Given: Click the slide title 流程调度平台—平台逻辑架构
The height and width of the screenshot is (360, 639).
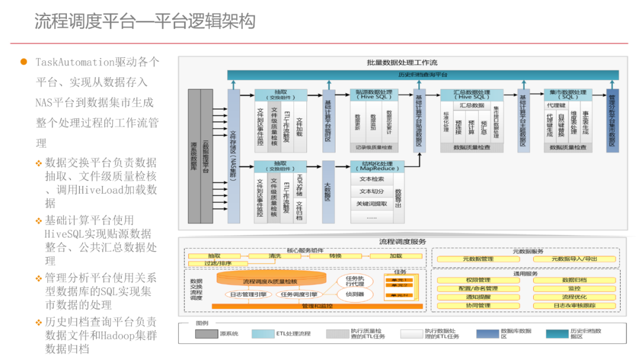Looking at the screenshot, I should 145,22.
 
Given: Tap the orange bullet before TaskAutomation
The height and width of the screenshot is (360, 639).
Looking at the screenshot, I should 24,62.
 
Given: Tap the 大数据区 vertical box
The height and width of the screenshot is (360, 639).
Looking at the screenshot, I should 328,192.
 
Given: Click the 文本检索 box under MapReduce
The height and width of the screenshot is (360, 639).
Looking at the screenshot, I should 372,179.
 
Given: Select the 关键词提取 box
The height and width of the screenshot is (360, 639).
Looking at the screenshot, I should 372,204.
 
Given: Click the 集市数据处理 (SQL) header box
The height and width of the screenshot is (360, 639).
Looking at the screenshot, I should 569,95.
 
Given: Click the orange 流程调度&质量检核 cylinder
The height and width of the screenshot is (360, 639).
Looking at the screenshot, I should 270,280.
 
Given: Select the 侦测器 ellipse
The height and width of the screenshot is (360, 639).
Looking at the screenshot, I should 355,294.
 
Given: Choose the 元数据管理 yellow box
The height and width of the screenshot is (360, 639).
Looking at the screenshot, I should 477,259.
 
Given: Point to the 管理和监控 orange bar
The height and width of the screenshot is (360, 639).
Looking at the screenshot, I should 317,306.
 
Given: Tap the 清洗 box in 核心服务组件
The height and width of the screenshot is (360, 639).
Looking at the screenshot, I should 275,256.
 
